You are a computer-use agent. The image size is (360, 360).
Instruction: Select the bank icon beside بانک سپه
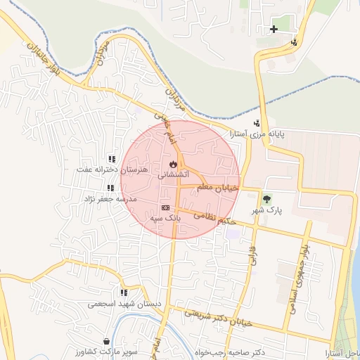pos(165,207)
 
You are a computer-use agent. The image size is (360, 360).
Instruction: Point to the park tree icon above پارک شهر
pos(266,199)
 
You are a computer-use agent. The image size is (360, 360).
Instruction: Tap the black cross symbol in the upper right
pos(274,29)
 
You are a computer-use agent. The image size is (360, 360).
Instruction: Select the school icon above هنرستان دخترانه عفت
pos(111,159)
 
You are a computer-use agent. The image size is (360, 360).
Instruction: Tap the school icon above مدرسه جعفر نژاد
pos(110,188)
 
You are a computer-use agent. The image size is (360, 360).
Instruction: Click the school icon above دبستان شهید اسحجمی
pos(124,292)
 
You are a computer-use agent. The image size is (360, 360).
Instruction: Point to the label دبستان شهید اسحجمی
pos(116,304)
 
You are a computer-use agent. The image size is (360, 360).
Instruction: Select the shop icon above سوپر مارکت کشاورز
pos(105,341)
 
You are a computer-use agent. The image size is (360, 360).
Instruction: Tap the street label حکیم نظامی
pos(211,219)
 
